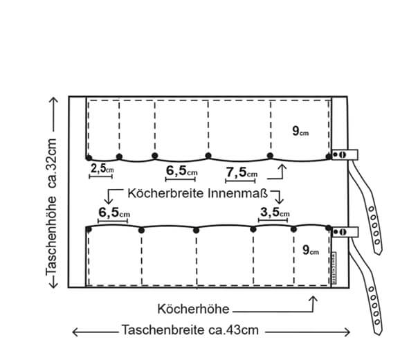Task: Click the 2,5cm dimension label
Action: point(102,168)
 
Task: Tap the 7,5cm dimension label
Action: point(242,172)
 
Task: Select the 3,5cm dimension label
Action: point(275,212)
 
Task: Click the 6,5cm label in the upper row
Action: point(182,171)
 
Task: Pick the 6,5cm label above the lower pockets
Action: point(114,213)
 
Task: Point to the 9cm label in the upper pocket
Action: point(300,131)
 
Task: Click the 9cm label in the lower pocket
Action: point(311,250)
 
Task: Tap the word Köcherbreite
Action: point(165,194)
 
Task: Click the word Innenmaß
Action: point(238,194)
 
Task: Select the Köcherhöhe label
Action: point(193,309)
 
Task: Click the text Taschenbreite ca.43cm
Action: point(190,330)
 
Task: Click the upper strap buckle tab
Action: point(345,154)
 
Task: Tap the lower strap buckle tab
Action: point(345,232)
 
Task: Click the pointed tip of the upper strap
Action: point(378,253)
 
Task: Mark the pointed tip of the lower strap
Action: point(378,334)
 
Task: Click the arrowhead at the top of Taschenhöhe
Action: point(54,100)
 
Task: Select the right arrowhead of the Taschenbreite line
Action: point(347,332)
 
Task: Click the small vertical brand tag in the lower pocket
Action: point(334,268)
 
